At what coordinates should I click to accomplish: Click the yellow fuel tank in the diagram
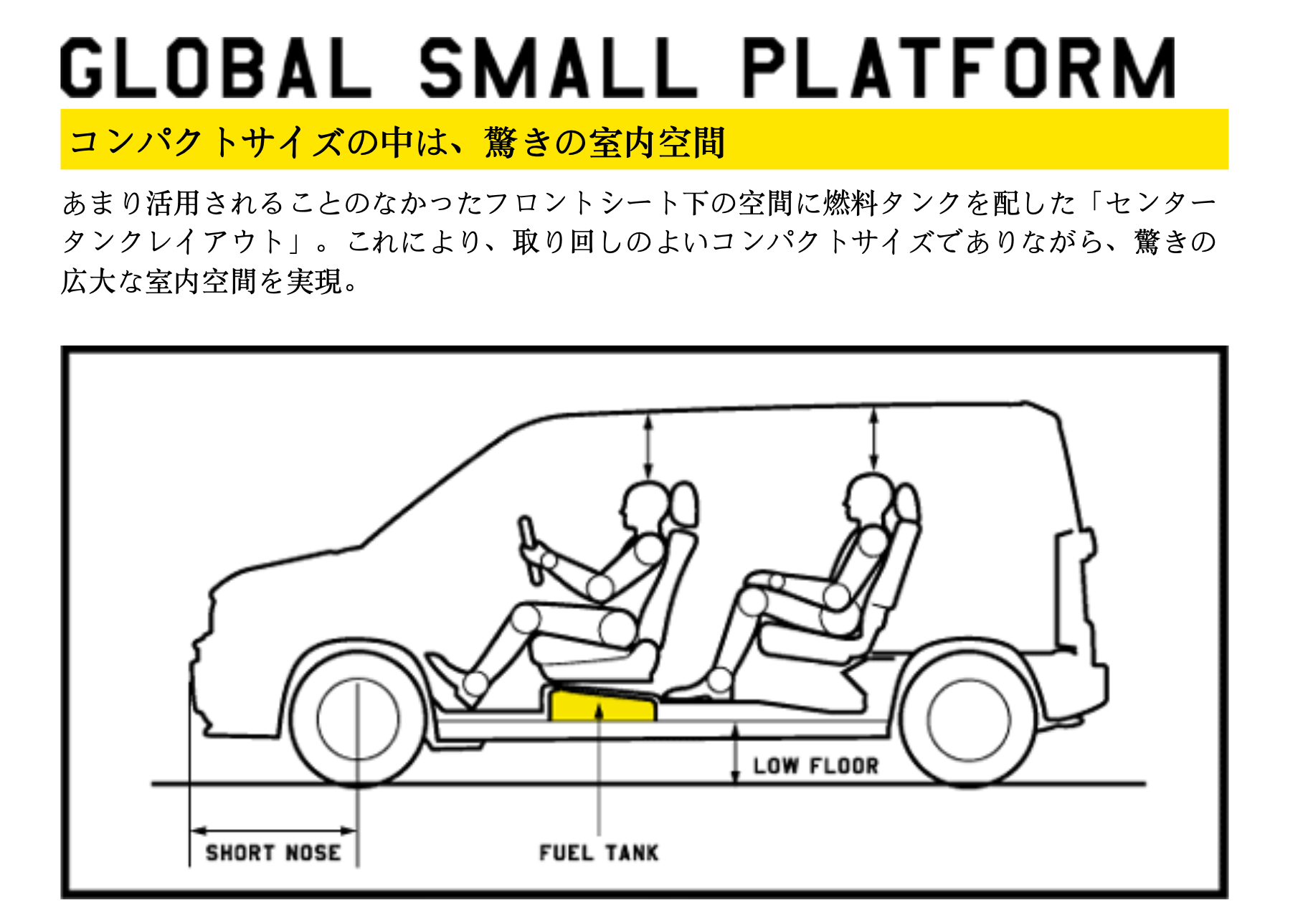pos(602,705)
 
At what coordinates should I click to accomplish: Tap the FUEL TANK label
pos(599,853)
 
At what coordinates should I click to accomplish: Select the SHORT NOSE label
pos(273,853)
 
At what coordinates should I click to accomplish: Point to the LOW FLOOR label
pos(815,766)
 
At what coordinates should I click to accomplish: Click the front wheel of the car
pos(358,719)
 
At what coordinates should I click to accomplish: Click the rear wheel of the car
pos(968,719)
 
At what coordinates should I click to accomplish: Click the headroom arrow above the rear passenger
pos(873,440)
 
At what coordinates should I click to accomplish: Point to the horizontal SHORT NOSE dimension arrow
pos(273,831)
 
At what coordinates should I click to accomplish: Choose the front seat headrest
pos(684,505)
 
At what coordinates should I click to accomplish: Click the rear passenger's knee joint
pos(752,601)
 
